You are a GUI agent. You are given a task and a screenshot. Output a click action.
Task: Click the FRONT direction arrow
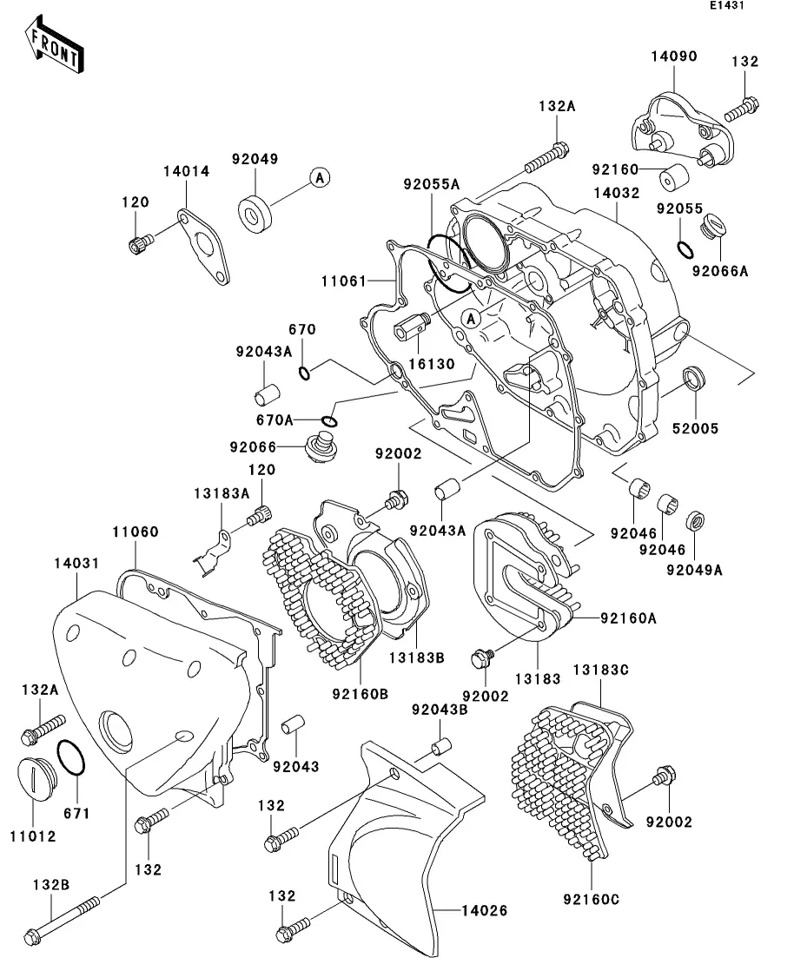pyautogui.click(x=54, y=46)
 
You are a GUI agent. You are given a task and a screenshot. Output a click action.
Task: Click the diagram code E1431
pyautogui.click(x=727, y=5)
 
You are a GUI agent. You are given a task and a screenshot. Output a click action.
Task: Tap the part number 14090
pyautogui.click(x=673, y=56)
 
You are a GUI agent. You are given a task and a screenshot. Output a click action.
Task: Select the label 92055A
pyautogui.click(x=431, y=184)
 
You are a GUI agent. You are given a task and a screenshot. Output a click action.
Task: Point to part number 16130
pyautogui.click(x=432, y=364)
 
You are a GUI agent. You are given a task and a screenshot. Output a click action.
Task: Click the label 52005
pyautogui.click(x=695, y=429)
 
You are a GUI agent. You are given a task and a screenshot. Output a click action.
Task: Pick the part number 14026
pyautogui.click(x=484, y=911)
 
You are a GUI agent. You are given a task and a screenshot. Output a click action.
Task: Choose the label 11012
pyautogui.click(x=33, y=836)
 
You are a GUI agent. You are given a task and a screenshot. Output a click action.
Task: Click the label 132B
pyautogui.click(x=51, y=885)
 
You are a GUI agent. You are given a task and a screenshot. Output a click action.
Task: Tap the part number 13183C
pyautogui.click(x=601, y=670)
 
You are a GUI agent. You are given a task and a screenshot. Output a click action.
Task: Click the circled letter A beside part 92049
pyautogui.click(x=319, y=178)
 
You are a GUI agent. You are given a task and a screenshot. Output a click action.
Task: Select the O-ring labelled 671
pyautogui.click(x=70, y=758)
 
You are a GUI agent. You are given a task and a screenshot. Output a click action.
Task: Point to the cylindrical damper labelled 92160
pyautogui.click(x=674, y=176)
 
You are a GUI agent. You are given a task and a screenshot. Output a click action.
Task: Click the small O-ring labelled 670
pyautogui.click(x=304, y=373)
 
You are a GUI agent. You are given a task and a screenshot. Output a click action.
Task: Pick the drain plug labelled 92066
pyautogui.click(x=320, y=450)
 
